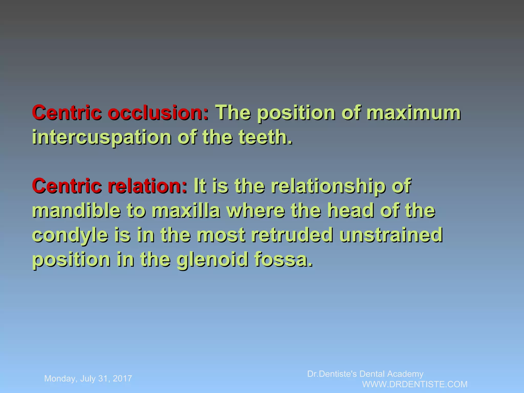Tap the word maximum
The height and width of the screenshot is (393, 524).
point(413,113)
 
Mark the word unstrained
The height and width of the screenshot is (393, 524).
point(391,235)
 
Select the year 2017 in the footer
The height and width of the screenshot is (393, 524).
point(122,379)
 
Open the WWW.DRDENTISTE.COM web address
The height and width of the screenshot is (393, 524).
point(415,384)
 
